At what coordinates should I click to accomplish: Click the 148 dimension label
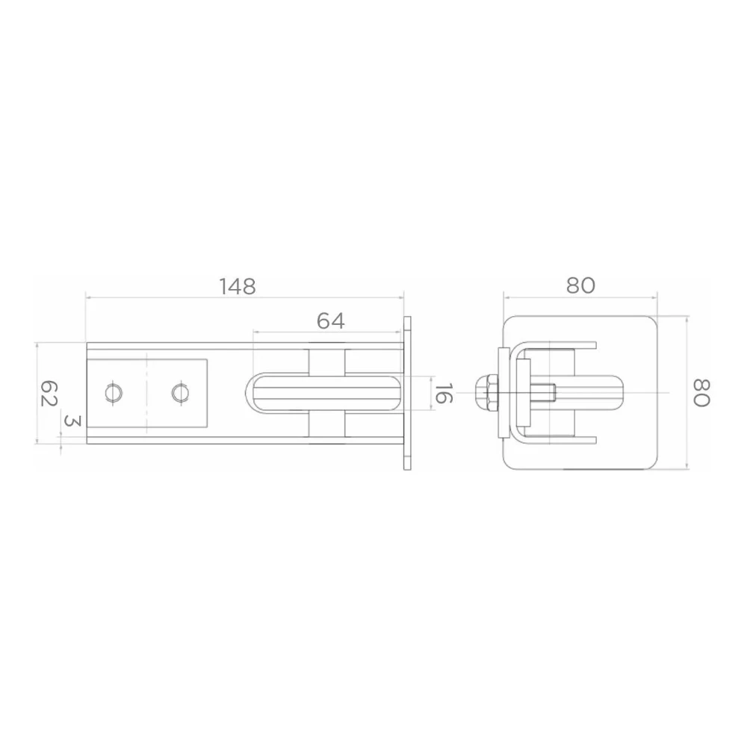pyautogui.click(x=238, y=286)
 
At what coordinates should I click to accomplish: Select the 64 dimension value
pyautogui.click(x=331, y=321)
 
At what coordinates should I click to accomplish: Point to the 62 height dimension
pyautogui.click(x=49, y=393)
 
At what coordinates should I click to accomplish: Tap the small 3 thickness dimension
pyautogui.click(x=73, y=420)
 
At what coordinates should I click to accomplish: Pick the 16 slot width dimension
pyautogui.click(x=442, y=393)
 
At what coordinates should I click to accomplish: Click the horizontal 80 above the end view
pyautogui.click(x=580, y=285)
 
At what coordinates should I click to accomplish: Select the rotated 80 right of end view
pyautogui.click(x=701, y=393)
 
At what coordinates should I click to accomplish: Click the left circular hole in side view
pyautogui.click(x=114, y=394)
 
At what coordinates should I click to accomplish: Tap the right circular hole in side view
pyautogui.click(x=180, y=394)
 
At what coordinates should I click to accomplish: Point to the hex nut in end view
pyautogui.click(x=486, y=393)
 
